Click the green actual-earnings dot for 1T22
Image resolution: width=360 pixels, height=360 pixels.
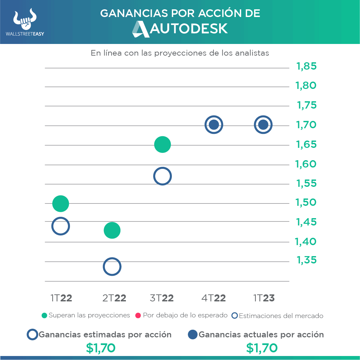tap(61, 203)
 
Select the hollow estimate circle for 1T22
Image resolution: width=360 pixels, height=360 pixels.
tap(61, 226)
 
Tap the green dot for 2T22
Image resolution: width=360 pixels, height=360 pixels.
tap(112, 230)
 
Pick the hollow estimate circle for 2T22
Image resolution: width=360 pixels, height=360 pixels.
tap(112, 266)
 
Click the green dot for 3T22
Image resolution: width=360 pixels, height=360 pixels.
tap(163, 145)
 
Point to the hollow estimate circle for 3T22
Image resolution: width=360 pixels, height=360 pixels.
tap(163, 176)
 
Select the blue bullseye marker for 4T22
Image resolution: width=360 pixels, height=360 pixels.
tap(214, 125)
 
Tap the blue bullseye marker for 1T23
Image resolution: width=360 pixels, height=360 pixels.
tap(263, 125)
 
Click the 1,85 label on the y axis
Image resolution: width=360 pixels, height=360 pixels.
tap(306, 67)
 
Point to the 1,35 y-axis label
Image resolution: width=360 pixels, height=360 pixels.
tap(306, 260)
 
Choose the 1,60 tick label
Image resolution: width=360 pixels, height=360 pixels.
tap(306, 164)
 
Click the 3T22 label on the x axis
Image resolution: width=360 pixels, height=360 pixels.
tap(162, 298)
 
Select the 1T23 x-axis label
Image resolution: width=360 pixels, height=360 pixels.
tap(264, 298)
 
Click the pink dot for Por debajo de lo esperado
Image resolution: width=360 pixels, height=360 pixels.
tap(138, 315)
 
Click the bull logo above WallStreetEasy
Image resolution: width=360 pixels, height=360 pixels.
tap(25, 20)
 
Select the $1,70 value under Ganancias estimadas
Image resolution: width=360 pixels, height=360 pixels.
tap(101, 348)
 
